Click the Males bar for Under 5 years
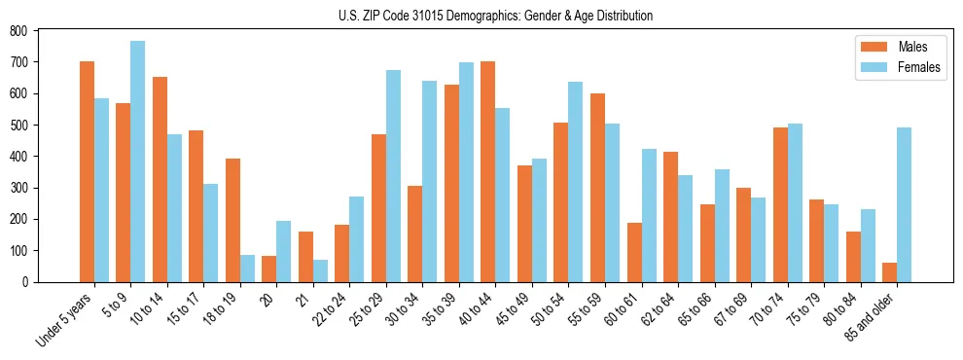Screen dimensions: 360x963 point(87,171)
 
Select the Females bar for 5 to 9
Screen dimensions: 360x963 point(138,162)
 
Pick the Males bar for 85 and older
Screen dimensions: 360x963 point(890,271)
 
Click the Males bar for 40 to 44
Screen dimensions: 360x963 point(488,171)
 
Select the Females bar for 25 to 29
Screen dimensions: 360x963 point(393,176)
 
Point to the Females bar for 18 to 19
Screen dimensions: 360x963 point(247,269)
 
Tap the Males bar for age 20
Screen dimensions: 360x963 point(269,269)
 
